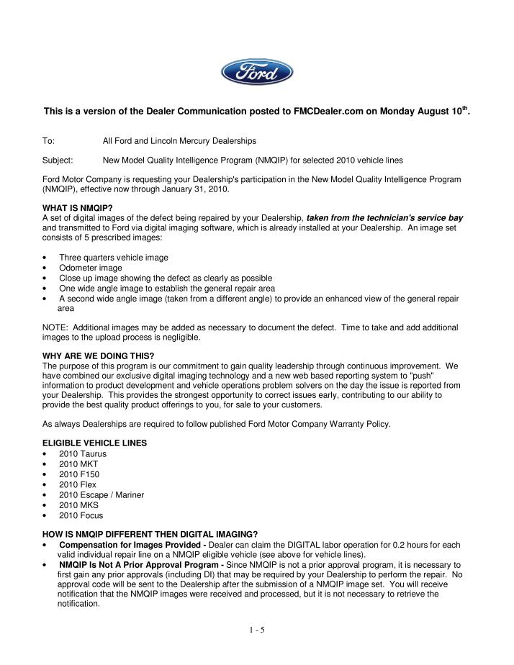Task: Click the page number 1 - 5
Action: (x=256, y=631)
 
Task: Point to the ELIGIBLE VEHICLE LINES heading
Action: (x=95, y=443)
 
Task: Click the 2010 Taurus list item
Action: (x=81, y=454)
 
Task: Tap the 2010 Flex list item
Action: (x=77, y=484)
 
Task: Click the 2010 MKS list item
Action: (x=78, y=505)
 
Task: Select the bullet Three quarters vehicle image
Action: (x=114, y=257)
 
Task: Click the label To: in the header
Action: (x=49, y=140)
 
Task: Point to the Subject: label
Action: (x=58, y=159)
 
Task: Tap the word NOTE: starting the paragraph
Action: (x=57, y=327)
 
